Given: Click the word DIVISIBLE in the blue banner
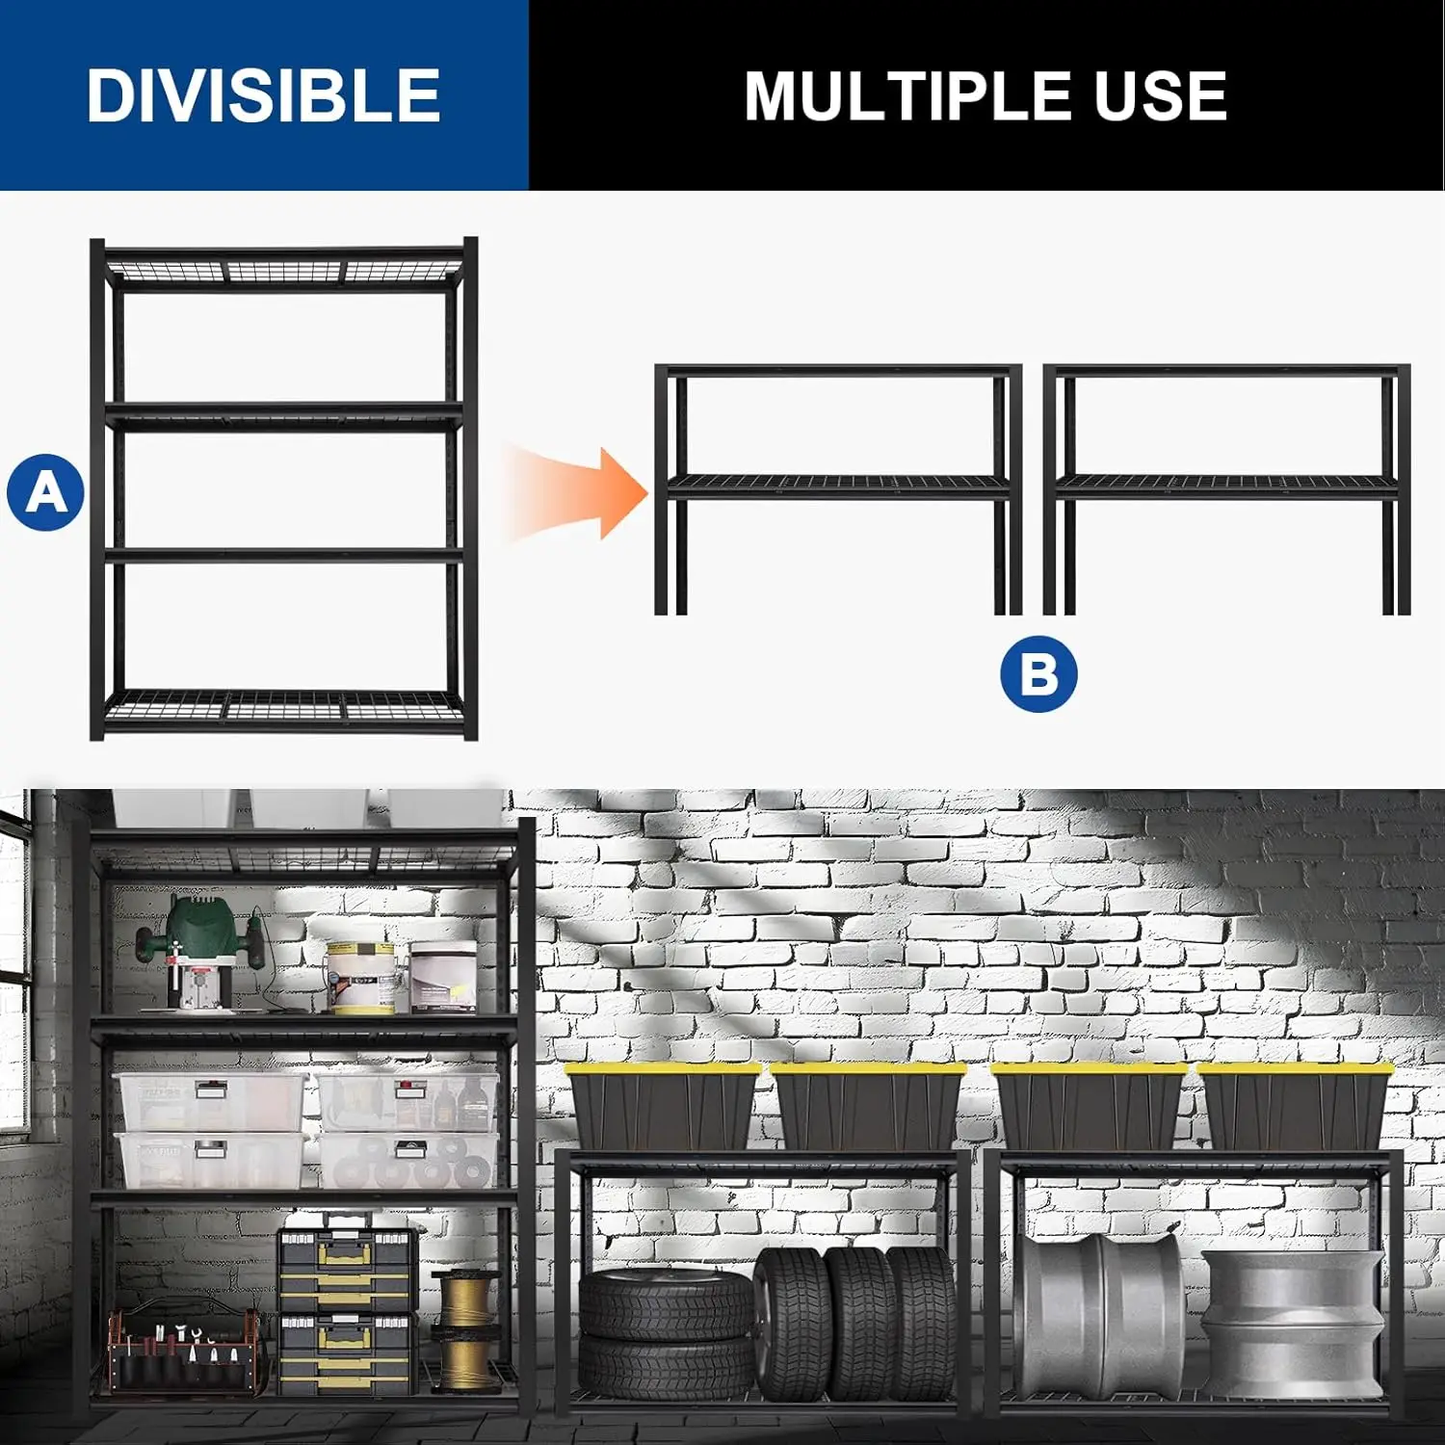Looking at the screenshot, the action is point(263,95).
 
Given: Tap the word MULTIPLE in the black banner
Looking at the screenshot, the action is point(906,96).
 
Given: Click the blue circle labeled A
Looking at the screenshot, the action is point(46,492).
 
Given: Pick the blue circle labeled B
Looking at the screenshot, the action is point(1038,673).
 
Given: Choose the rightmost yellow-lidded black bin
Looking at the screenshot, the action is point(1295,1106).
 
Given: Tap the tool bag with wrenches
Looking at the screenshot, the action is point(183,1349).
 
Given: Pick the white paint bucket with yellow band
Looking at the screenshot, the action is point(360,977).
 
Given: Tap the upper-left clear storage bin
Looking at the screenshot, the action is point(212,1102).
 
